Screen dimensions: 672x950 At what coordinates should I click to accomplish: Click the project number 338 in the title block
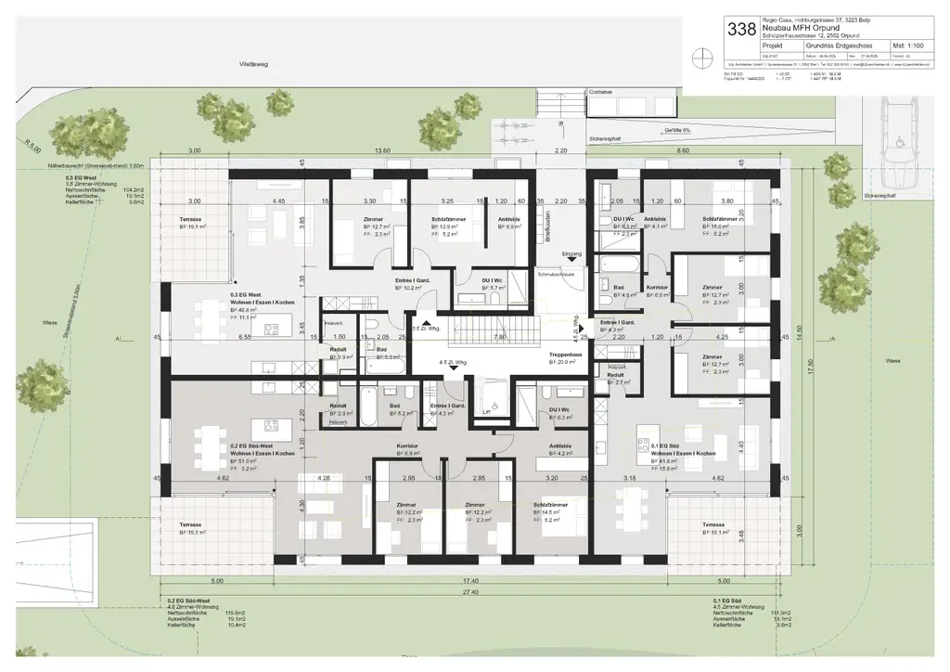(741, 29)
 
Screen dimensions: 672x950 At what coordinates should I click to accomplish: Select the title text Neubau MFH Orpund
(800, 27)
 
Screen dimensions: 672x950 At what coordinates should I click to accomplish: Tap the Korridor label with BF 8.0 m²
(657, 288)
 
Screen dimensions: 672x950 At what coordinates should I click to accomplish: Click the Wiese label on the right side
(892, 361)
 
